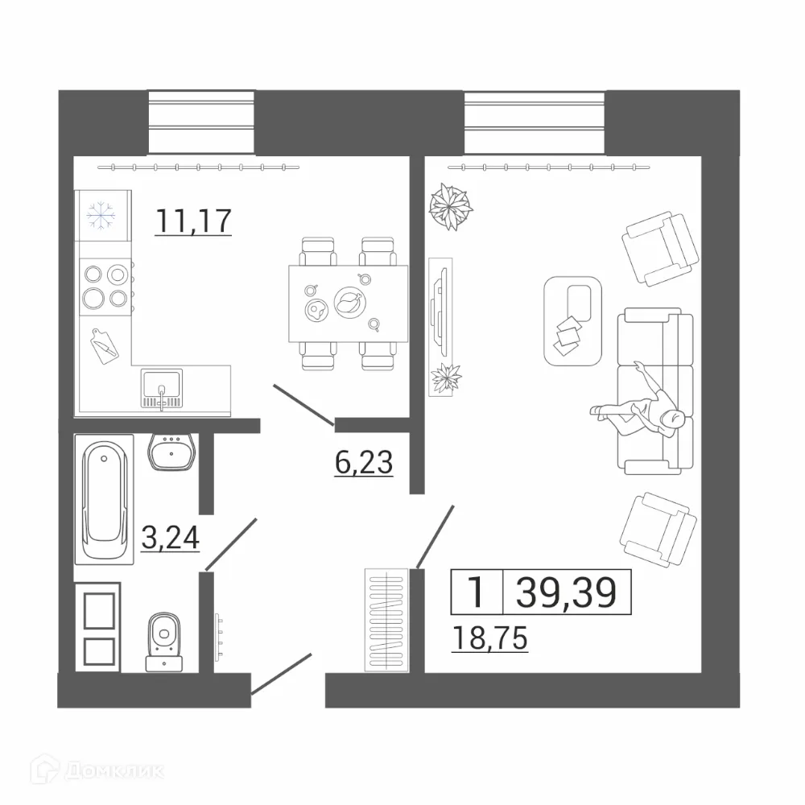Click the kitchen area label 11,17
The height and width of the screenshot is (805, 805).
click(194, 220)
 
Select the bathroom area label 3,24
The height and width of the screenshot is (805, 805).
click(170, 537)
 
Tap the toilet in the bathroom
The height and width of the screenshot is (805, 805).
click(164, 641)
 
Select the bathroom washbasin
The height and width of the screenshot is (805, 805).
click(171, 452)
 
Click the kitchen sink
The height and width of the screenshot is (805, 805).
click(162, 388)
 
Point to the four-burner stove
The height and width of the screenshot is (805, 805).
click(105, 286)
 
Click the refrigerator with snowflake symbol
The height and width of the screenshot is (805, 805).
click(102, 213)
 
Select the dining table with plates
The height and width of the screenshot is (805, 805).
click(348, 303)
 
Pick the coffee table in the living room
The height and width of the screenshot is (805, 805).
click(573, 320)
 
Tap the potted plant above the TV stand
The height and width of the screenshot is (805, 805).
click(450, 207)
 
